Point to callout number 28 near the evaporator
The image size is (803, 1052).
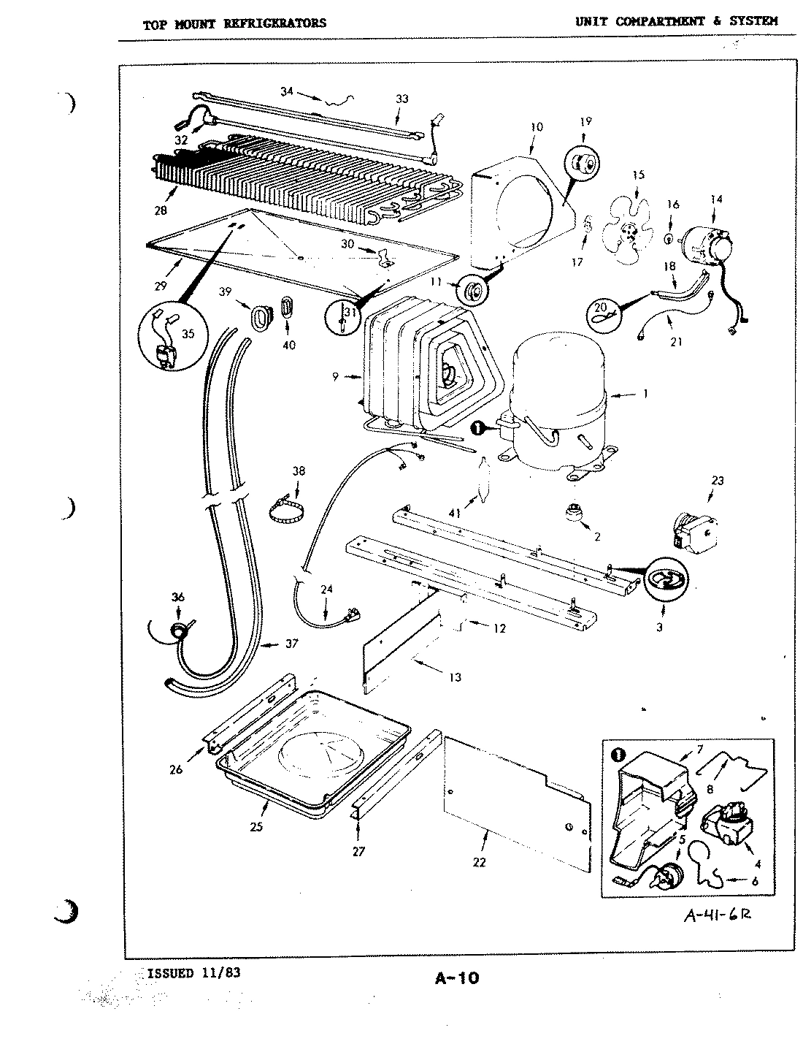[161, 211]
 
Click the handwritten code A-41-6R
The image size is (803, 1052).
[716, 916]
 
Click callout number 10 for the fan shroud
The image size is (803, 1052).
[537, 126]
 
